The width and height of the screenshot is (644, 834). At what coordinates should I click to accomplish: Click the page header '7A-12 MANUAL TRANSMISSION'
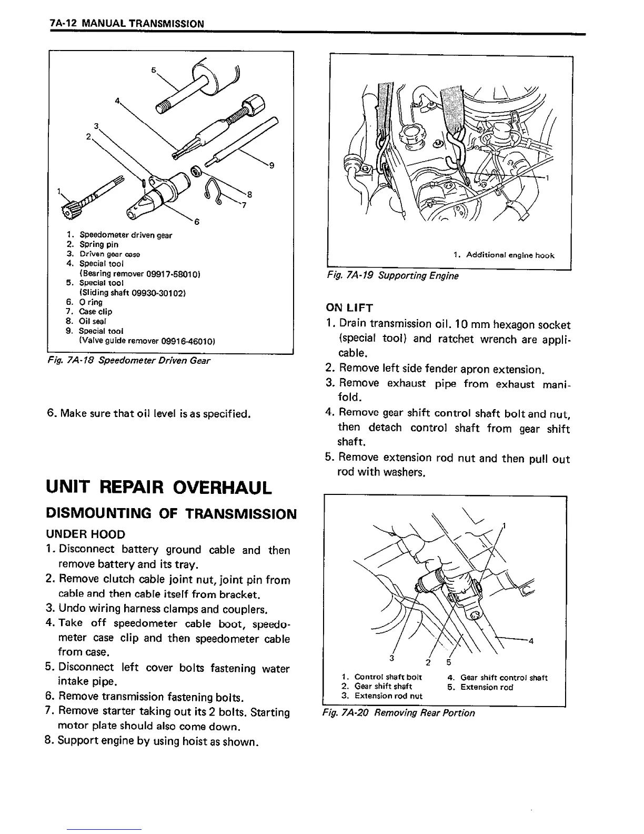coord(125,24)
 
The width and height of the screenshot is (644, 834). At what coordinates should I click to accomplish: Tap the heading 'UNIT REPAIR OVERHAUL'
coord(159,487)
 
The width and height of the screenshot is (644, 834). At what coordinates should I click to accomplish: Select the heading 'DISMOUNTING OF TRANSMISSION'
coord(172,513)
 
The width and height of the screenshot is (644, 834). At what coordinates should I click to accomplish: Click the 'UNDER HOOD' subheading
coord(86,534)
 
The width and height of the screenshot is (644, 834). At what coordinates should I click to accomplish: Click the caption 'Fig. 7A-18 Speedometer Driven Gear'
coord(129,361)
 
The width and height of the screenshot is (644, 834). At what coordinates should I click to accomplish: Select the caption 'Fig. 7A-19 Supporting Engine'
coord(393,276)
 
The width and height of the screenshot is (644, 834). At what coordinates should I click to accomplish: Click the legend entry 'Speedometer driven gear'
coord(125,235)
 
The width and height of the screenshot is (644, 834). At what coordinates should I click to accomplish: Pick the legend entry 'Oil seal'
coord(93,321)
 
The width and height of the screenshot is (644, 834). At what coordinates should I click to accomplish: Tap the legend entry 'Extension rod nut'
coord(388,696)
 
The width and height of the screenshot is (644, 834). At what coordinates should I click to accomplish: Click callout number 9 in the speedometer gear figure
coord(271,166)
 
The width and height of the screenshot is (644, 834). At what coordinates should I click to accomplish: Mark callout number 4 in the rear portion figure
coord(531,641)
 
